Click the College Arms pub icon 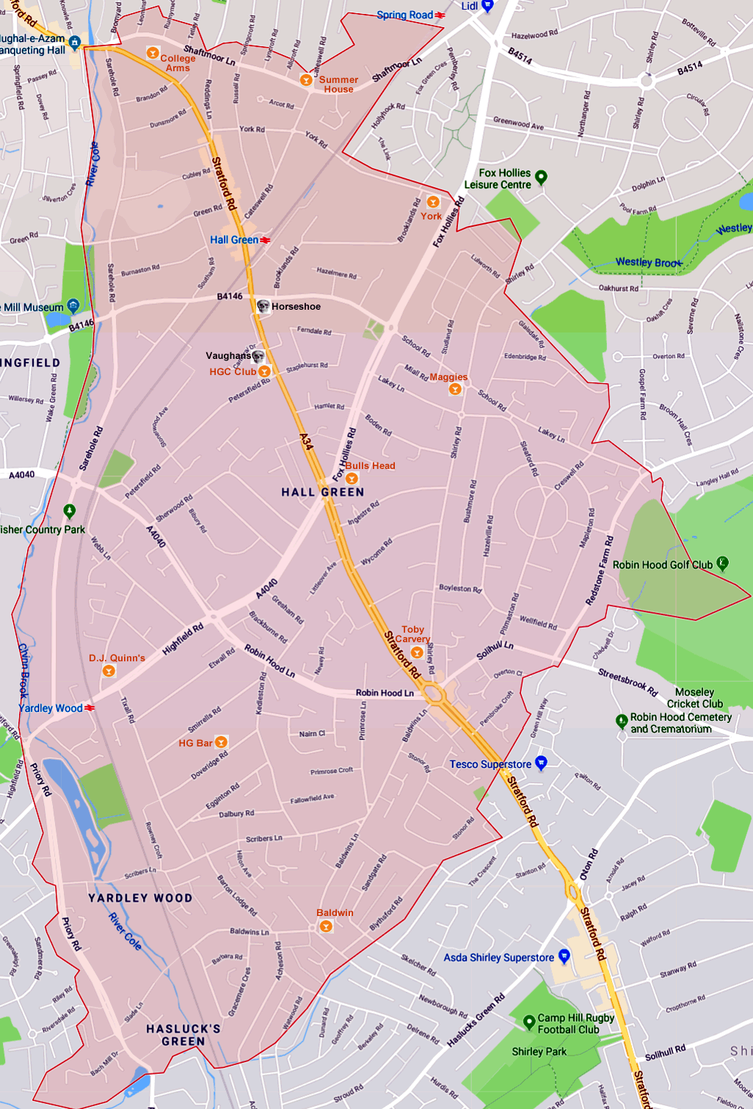153,53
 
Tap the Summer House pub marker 306,80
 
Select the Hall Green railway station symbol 265,240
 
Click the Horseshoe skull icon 263,306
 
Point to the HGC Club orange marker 264,371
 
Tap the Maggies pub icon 455,389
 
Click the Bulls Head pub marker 352,479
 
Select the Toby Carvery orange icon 417,652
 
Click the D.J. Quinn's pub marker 109,671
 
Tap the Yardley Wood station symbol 90,708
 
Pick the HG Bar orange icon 221,742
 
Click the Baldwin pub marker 326,926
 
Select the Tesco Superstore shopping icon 541,763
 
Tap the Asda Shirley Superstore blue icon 564,956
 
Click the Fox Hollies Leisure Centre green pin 541,177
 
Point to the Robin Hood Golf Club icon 722,564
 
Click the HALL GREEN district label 323,492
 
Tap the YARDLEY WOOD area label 140,898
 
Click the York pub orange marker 433,202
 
